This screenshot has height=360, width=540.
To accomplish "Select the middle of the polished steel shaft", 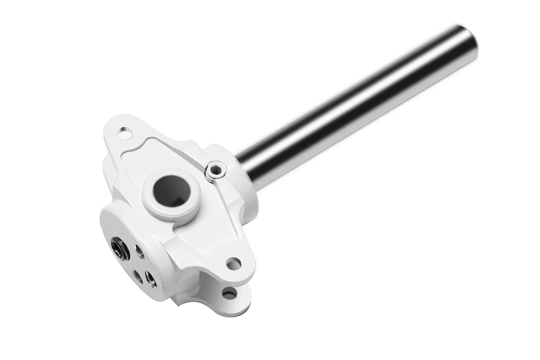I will coord(354,102).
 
